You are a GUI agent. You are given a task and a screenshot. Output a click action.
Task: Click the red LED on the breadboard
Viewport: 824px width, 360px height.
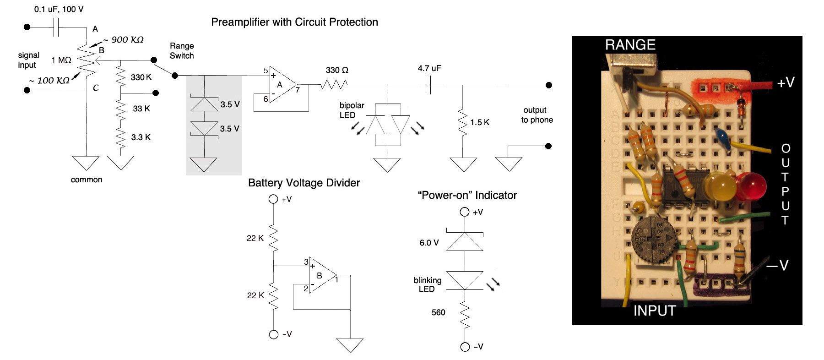[751, 186]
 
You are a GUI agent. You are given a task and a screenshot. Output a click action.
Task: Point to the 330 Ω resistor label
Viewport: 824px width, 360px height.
[337, 70]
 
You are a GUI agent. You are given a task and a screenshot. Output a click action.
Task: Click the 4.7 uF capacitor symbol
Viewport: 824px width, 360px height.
[428, 85]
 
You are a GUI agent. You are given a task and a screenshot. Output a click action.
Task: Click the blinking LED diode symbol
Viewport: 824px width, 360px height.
[465, 280]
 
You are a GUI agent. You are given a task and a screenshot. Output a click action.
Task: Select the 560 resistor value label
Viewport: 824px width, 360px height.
[438, 312]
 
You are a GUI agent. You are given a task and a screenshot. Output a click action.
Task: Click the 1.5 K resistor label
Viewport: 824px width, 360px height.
[479, 122]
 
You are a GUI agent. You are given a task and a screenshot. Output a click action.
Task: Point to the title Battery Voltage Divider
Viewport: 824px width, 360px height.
[304, 183]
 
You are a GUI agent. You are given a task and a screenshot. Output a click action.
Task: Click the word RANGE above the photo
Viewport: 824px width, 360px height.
[630, 45]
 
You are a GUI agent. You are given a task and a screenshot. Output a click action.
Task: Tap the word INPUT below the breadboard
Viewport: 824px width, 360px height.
[654, 311]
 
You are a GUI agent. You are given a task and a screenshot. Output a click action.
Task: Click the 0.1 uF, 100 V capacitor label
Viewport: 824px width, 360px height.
[59, 9]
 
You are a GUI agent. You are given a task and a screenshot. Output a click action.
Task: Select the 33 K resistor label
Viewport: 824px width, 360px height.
[141, 109]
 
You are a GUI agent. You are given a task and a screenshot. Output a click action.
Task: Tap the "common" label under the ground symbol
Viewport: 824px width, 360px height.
[87, 180]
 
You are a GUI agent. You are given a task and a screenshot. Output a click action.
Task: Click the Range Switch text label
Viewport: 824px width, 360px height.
[182, 51]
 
